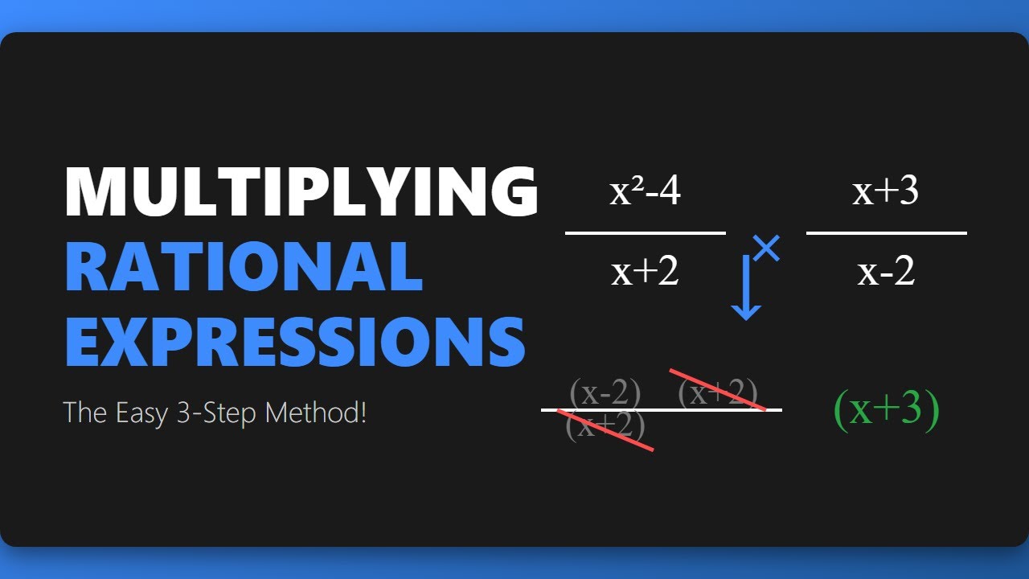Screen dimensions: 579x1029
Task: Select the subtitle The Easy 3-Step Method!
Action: tap(215, 413)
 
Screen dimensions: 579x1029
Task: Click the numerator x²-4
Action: tap(645, 193)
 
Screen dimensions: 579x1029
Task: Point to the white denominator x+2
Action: tap(645, 272)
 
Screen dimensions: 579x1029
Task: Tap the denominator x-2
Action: tap(886, 272)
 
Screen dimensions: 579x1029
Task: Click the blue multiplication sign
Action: tap(766, 248)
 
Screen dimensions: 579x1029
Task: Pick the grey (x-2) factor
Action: tap(605, 393)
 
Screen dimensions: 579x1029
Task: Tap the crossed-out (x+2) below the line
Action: tap(605, 427)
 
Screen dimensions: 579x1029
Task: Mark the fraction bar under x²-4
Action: tap(645, 233)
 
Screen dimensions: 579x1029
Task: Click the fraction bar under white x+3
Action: tap(886, 233)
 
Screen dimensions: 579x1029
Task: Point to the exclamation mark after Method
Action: tap(363, 413)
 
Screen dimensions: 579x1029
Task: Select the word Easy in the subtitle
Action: tap(137, 413)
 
